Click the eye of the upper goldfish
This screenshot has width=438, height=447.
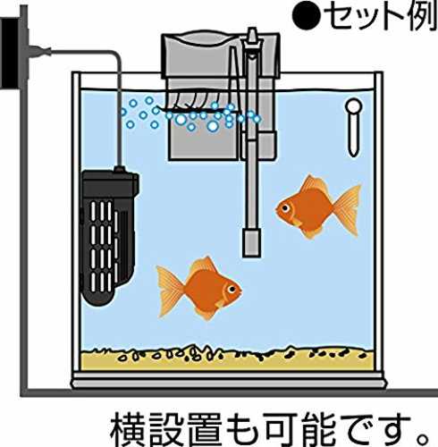[x=286, y=208]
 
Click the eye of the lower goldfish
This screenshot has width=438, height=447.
[x=232, y=289]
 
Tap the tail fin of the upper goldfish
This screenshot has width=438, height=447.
[x=347, y=210]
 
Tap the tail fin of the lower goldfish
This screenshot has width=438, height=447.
[x=170, y=291]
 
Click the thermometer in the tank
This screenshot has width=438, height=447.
[x=353, y=127]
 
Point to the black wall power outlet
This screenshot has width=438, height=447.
[x=12, y=53]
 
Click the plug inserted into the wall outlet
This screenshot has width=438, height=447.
[x=39, y=51]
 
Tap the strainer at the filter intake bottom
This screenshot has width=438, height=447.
[x=251, y=242]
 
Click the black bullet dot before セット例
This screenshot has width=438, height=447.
[x=306, y=16]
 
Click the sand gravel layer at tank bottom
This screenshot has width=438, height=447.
[x=227, y=359]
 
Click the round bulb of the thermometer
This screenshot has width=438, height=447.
[x=353, y=106]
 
